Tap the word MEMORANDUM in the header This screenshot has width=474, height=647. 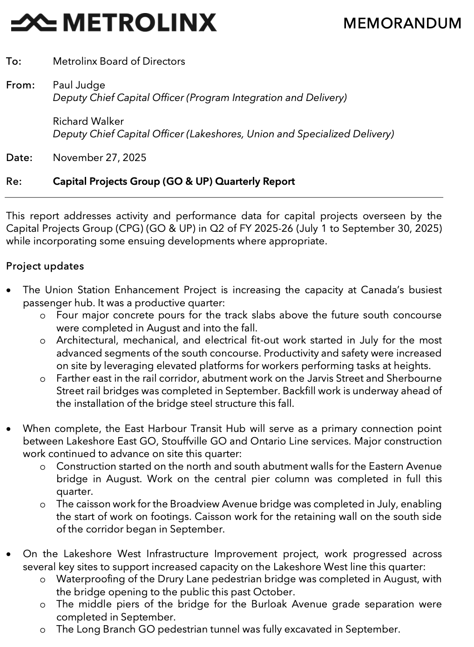click(x=402, y=23)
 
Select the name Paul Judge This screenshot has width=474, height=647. click(x=79, y=85)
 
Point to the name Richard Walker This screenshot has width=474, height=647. click(x=88, y=121)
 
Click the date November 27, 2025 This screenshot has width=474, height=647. click(x=99, y=157)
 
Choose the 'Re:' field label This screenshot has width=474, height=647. click(x=14, y=182)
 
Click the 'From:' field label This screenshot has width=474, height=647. click(x=20, y=85)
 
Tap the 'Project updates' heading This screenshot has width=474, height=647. click(x=45, y=266)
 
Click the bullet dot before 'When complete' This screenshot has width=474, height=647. click(x=9, y=429)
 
